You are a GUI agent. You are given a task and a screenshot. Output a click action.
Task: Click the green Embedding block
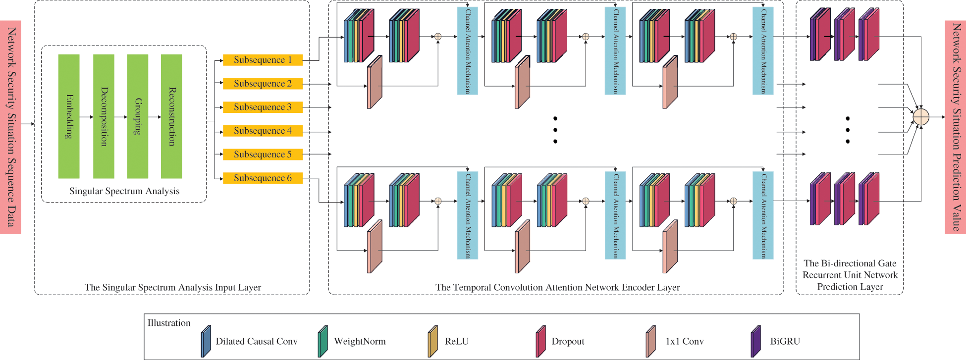69,116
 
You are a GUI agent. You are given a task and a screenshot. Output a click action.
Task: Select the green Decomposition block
104,116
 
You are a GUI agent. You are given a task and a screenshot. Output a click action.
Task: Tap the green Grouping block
138,116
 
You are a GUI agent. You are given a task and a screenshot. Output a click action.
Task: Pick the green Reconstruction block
171,116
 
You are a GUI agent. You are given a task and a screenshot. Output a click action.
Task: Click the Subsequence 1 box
263,60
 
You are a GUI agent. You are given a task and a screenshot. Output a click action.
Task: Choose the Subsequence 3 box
263,107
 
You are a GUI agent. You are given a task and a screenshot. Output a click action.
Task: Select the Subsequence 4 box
263,131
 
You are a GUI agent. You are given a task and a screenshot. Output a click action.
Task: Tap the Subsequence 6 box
263,178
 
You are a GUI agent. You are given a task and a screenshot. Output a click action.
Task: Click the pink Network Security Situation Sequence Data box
10,127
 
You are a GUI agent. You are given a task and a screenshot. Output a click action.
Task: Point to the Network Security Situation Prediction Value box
956,127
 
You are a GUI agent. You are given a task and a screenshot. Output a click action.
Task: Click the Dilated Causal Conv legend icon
206,341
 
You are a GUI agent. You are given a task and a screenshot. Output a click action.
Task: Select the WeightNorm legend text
360,341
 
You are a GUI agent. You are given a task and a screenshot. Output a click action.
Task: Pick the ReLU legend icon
433,341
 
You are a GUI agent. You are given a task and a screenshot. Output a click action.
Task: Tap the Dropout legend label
568,341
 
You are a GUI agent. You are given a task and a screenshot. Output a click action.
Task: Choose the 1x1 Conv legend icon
651,341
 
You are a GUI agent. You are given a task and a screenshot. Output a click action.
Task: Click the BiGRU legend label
785,341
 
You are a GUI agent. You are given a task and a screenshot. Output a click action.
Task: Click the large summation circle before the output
921,117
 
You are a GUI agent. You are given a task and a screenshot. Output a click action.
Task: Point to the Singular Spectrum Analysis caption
124,191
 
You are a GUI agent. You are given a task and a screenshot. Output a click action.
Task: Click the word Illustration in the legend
169,323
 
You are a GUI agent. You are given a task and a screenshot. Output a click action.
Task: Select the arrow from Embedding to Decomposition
86,117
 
